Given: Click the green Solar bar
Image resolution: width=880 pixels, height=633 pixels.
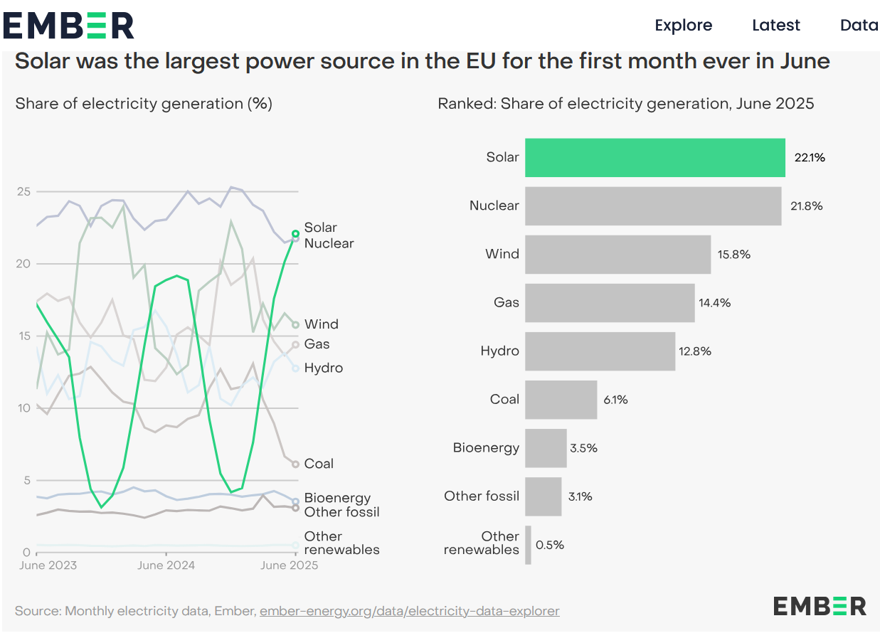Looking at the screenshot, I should (654, 157).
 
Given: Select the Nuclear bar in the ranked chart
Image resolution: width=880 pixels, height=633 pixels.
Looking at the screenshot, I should (652, 206).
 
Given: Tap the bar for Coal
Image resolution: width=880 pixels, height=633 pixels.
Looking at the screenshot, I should (561, 399).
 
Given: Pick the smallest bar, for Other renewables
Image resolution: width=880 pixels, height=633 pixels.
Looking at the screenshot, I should (528, 545).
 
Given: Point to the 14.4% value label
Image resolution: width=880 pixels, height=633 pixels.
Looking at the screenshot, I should (714, 303).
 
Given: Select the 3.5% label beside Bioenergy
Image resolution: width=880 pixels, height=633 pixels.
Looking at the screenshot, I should (583, 448).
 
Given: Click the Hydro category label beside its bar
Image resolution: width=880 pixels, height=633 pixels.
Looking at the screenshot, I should (499, 351).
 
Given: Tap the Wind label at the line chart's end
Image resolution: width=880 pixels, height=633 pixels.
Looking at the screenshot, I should (321, 324).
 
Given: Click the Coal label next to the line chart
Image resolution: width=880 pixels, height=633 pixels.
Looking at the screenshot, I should (319, 464).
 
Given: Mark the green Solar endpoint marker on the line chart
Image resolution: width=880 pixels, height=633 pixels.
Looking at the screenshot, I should (295, 233).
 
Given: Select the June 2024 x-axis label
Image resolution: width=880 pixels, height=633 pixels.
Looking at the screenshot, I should (166, 566).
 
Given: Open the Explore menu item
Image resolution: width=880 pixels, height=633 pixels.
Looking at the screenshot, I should (683, 26).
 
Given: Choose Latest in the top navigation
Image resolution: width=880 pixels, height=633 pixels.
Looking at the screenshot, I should (776, 26).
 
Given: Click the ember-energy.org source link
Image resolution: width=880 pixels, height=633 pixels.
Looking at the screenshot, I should (409, 611).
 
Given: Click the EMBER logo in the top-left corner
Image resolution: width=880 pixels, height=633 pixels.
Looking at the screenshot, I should (68, 26).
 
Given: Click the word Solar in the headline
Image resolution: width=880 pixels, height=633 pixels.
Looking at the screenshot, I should (41, 61).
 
